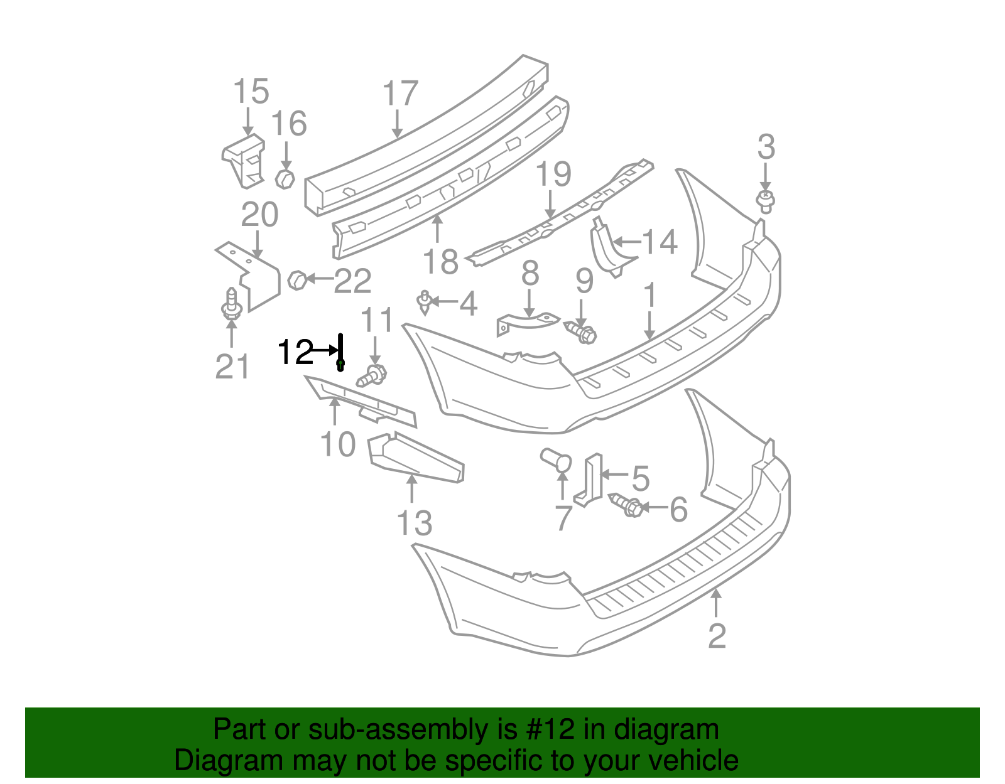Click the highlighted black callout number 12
click(x=295, y=352)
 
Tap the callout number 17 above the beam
click(x=400, y=94)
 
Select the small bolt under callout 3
click(x=765, y=202)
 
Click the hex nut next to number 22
click(x=296, y=279)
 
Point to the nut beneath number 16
click(x=285, y=179)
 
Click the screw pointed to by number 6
click(x=626, y=505)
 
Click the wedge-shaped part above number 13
click(x=415, y=458)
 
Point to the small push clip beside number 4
click(x=425, y=302)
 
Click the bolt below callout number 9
click(x=582, y=332)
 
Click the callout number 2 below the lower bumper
click(x=717, y=636)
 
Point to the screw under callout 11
click(x=372, y=377)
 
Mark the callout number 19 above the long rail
click(x=553, y=175)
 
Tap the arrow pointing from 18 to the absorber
click(x=438, y=230)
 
